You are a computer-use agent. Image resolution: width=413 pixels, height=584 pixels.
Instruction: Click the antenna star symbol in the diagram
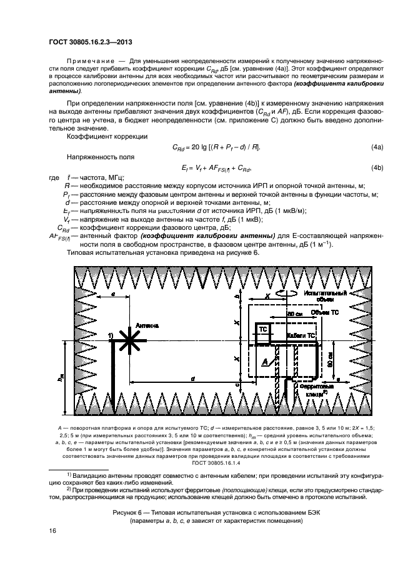click(x=129, y=341)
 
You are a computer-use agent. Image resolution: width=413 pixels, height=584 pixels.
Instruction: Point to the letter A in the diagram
click(x=266, y=361)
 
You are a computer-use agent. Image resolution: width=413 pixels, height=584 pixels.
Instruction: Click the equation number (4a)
click(x=377, y=146)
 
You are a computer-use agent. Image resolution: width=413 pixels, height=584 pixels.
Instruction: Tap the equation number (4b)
click(x=377, y=167)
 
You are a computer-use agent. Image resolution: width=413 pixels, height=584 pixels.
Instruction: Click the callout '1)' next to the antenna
click(x=111, y=335)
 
